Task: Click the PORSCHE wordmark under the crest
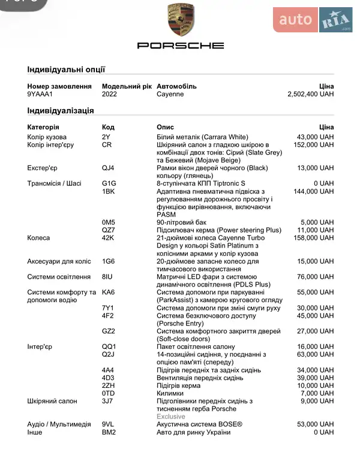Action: pyautogui.click(x=180, y=46)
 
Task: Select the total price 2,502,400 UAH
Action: pyautogui.click(x=310, y=95)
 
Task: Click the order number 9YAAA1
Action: pyautogui.click(x=40, y=95)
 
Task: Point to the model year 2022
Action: pyautogui.click(x=109, y=95)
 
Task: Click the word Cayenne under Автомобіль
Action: pyautogui.click(x=170, y=95)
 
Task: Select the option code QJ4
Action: pyautogui.click(x=108, y=168)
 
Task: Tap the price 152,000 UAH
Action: pyautogui.click(x=314, y=145)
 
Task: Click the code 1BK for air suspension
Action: pyautogui.click(x=108, y=191)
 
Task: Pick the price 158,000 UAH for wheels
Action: pyautogui.click(x=314, y=238)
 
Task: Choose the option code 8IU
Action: pyautogui.click(x=107, y=277)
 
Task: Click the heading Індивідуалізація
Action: pyautogui.click(x=60, y=111)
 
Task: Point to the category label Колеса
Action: pyautogui.click(x=38, y=238)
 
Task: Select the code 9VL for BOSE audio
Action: pyautogui.click(x=108, y=424)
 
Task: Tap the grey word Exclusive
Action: pyautogui.click(x=171, y=417)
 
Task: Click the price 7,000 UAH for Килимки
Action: pyautogui.click(x=317, y=393)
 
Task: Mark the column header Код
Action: pyautogui.click(x=108, y=127)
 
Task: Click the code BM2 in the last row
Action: pyautogui.click(x=109, y=432)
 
